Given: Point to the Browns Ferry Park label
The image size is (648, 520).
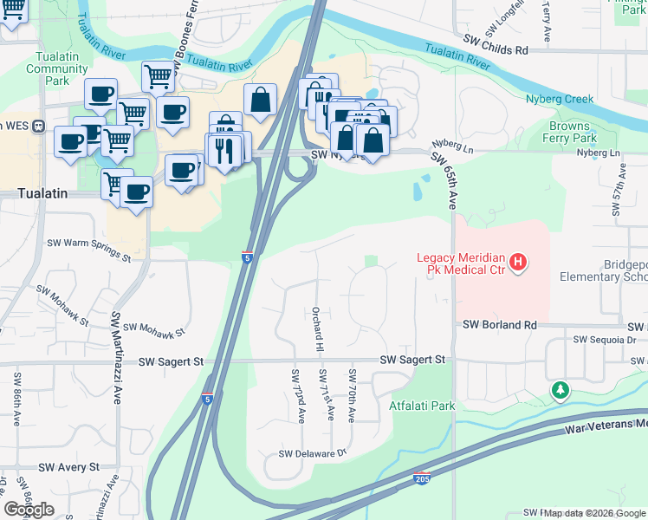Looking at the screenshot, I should (573, 132).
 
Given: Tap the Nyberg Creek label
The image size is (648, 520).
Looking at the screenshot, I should (560, 99).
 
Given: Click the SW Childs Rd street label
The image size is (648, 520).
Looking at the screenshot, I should (495, 51).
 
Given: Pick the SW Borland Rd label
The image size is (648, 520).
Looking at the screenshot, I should (500, 324).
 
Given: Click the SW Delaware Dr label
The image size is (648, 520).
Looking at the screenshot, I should (312, 453).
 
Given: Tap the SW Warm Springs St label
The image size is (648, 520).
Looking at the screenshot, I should (88, 250).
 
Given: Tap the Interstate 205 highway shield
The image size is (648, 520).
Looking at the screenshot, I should (420, 478).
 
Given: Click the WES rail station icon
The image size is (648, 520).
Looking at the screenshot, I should (38, 126).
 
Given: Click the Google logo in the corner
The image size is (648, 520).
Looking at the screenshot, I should (29, 509).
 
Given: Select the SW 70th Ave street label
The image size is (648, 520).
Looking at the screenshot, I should (352, 395).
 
